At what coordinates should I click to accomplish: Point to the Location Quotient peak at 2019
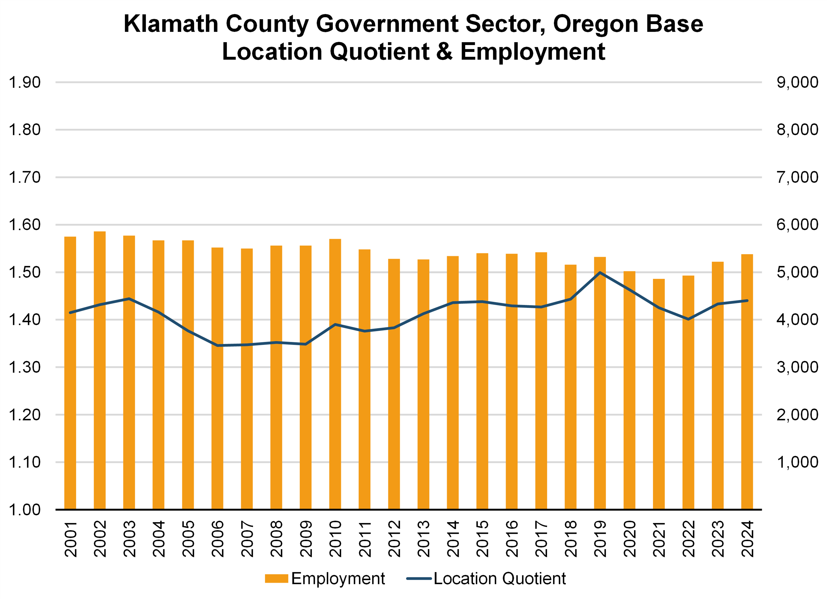[x=600, y=272]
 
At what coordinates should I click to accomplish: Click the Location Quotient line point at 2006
[x=217, y=345]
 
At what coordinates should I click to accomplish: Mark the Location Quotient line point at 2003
[x=129, y=299]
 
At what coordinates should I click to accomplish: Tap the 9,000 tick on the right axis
[x=797, y=82]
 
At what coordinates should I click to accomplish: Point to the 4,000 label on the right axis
[x=797, y=320]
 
